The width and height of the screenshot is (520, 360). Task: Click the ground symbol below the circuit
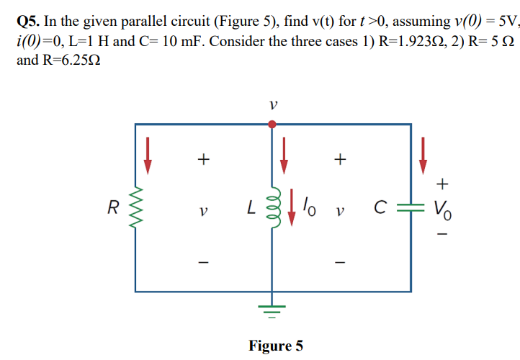[272, 311]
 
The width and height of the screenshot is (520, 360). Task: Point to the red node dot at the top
[272, 125]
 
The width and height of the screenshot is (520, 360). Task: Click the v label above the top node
[272, 106]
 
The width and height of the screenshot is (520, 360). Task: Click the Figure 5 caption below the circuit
[276, 346]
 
